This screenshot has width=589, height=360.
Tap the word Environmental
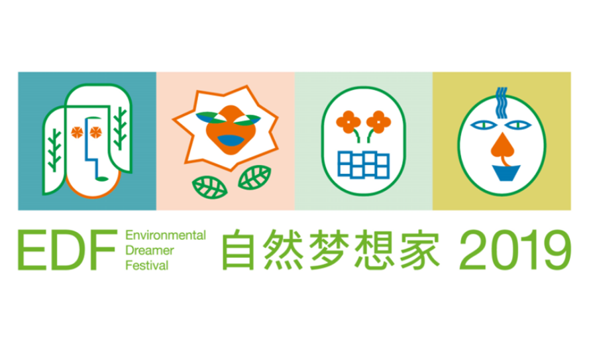click(166, 235)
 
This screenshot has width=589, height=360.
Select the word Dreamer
click(150, 250)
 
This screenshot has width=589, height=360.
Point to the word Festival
click(147, 265)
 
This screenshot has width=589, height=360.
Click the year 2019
click(515, 250)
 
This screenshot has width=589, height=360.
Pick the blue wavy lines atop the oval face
click(501, 103)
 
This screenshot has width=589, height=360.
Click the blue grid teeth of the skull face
click(363, 164)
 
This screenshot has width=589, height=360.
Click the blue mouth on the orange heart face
click(231, 140)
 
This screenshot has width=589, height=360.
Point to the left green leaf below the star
click(209, 188)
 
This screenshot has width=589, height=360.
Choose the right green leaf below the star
click(254, 178)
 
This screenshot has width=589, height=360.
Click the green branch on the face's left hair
click(54, 150)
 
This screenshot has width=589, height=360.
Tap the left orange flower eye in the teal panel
click(77, 133)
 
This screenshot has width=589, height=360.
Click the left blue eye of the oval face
click(484, 125)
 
